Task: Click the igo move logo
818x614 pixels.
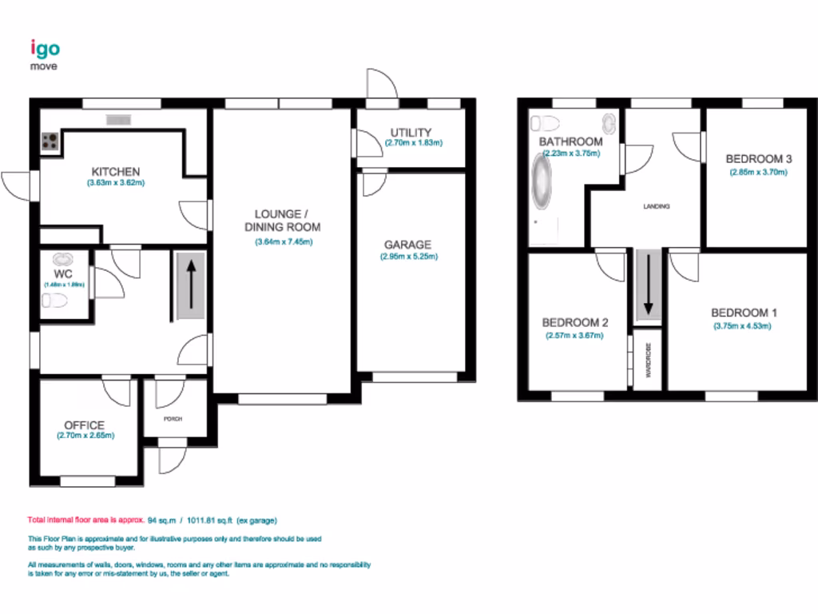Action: click(x=45, y=54)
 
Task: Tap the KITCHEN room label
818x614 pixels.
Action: click(x=116, y=172)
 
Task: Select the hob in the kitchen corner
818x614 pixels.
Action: click(x=50, y=142)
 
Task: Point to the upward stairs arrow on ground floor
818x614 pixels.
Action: click(x=191, y=281)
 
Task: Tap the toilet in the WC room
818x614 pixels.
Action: click(x=55, y=301)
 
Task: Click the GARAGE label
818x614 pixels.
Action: click(x=407, y=245)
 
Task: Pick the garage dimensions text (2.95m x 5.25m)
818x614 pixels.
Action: click(x=409, y=257)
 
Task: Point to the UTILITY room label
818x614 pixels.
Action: click(x=411, y=132)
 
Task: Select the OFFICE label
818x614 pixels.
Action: click(x=85, y=425)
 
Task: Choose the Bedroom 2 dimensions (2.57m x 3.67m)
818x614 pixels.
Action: click(x=574, y=336)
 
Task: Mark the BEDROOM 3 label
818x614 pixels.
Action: click(x=759, y=159)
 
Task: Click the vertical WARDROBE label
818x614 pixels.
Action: click(x=649, y=360)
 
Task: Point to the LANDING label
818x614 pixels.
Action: click(x=656, y=206)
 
